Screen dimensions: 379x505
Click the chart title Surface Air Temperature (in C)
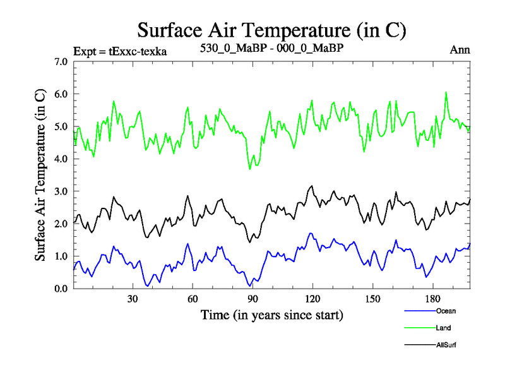(x=271, y=30)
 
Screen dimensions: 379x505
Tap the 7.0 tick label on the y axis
(x=61, y=62)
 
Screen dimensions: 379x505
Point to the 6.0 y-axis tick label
(x=61, y=94)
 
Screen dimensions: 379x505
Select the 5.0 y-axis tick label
(x=61, y=126)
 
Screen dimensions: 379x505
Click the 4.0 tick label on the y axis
(x=61, y=159)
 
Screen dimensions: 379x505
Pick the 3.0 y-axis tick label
(x=61, y=191)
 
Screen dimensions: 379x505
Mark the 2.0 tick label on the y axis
(x=61, y=224)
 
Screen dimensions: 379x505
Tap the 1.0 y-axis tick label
(x=61, y=256)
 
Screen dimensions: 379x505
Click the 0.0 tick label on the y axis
(x=61, y=289)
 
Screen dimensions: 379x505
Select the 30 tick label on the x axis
(x=133, y=299)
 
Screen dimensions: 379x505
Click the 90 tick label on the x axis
(x=252, y=299)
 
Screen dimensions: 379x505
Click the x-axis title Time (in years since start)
(x=271, y=314)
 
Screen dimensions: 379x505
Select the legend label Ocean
(x=445, y=311)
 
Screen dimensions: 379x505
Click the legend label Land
(x=443, y=328)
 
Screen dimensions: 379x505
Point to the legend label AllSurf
(x=446, y=345)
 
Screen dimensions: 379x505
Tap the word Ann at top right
(x=460, y=50)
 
